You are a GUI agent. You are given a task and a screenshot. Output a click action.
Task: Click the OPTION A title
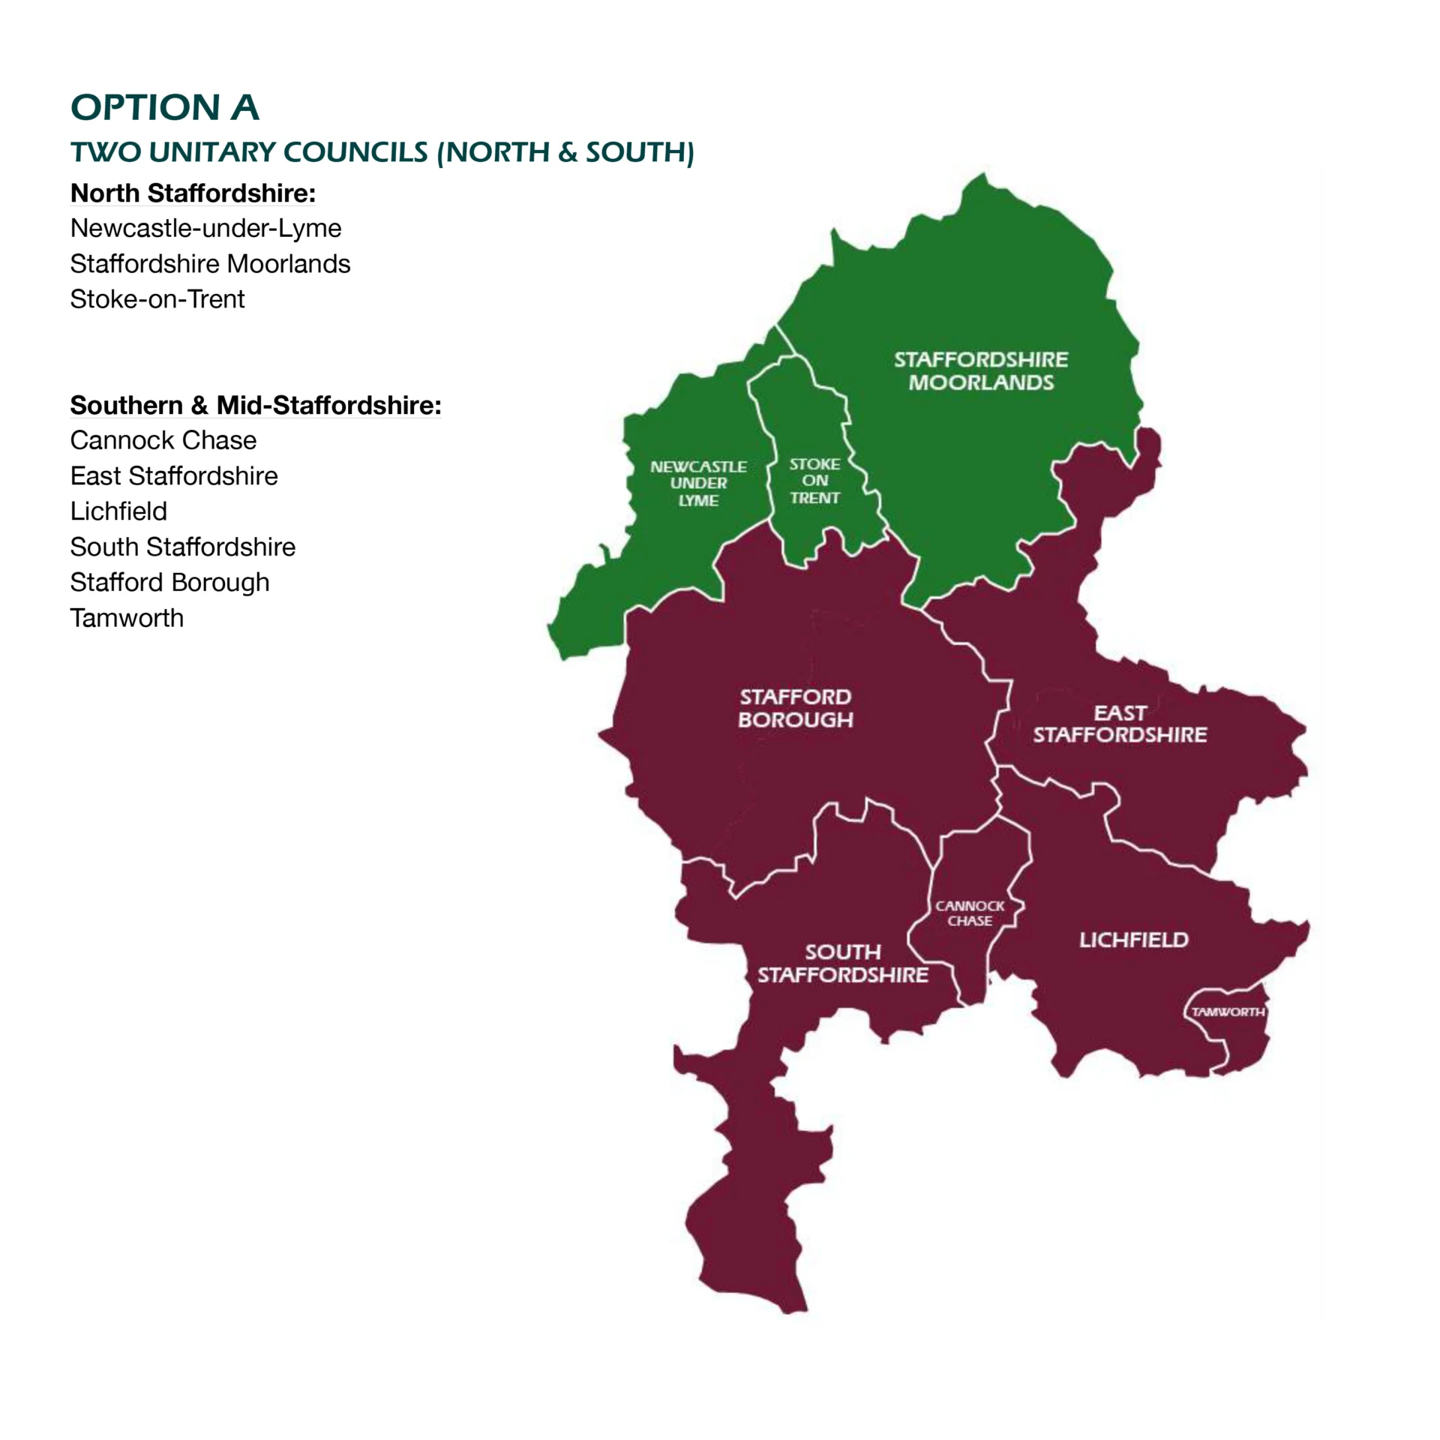tap(164, 107)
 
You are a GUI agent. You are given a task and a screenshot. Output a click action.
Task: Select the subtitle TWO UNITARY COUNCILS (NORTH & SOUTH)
tap(382, 152)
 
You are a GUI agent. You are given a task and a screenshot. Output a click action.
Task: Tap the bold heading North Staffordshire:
tap(193, 193)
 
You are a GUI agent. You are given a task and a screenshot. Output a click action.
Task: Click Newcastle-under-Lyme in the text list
tap(205, 228)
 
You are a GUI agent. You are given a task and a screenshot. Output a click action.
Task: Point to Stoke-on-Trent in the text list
tap(157, 299)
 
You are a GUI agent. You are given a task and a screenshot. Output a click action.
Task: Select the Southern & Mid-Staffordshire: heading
tap(255, 405)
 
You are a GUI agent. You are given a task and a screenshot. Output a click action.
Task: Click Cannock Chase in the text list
tap(163, 440)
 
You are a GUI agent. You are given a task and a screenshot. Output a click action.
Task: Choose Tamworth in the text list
tap(127, 618)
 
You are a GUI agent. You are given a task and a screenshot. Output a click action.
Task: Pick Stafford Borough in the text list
tap(169, 583)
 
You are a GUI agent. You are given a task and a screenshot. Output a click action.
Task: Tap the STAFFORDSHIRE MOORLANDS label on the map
tap(980, 370)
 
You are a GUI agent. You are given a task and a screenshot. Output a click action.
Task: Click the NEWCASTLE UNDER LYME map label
tap(698, 483)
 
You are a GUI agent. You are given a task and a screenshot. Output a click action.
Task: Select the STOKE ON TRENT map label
tap(814, 481)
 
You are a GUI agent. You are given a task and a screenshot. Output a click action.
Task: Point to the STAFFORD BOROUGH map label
tap(796, 708)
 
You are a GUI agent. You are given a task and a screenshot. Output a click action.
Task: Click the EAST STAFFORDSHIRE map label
tap(1120, 724)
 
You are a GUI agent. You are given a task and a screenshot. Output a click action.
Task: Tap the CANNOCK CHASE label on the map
tap(969, 913)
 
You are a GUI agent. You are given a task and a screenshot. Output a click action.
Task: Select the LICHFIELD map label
tap(1133, 940)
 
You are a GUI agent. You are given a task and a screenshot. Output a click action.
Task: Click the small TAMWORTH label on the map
tap(1228, 1012)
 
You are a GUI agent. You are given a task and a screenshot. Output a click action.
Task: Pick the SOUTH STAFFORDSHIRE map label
tap(843, 963)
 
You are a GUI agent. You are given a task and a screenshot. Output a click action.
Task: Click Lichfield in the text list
tap(118, 511)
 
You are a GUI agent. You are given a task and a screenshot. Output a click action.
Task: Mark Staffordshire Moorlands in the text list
tap(210, 264)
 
